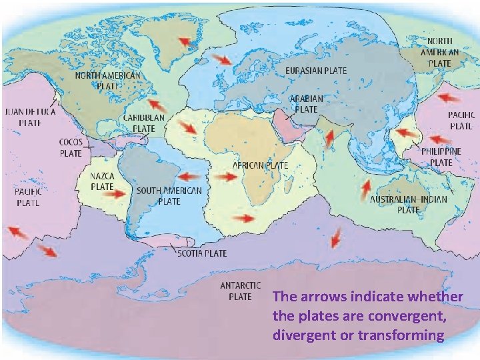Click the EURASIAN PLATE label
point(315,70)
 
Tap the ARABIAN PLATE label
point(306,103)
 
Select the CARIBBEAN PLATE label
point(143,122)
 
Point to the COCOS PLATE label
point(71,147)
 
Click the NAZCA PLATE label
point(102,181)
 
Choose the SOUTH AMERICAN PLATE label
point(169,195)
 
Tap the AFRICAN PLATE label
point(260,164)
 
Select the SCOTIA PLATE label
point(201,253)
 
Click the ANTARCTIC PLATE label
point(235,290)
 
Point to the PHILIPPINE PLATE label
point(441,157)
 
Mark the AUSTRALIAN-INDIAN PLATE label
point(408,204)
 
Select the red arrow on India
point(329,137)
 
